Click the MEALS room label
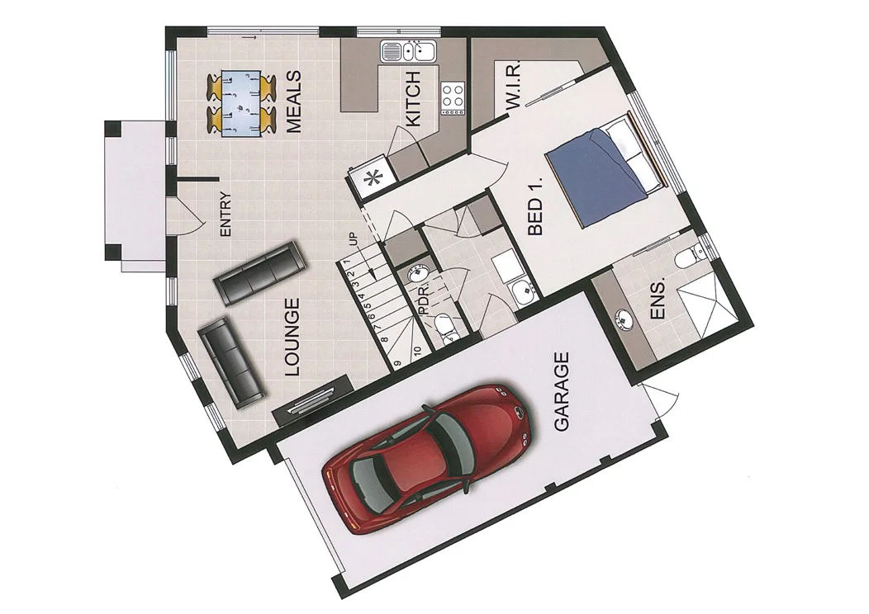click(292, 102)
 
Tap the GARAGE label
click(562, 392)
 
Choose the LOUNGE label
click(292, 338)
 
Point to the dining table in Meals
click(240, 102)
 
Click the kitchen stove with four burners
click(453, 97)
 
